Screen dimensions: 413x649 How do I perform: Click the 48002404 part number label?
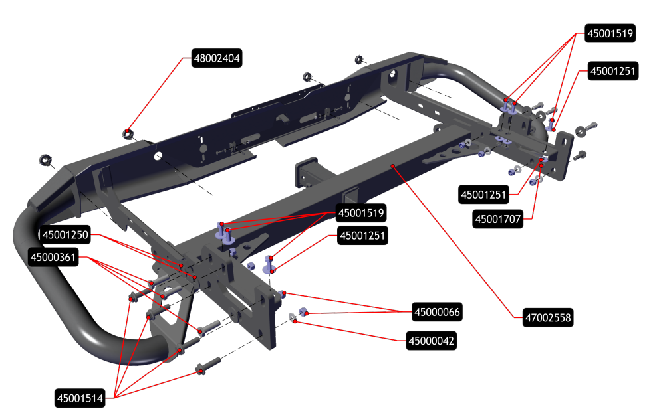click(x=217, y=58)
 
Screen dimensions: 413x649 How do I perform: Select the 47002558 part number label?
click(x=545, y=319)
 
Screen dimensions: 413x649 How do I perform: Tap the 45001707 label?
click(x=497, y=218)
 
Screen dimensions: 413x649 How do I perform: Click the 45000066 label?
click(x=437, y=311)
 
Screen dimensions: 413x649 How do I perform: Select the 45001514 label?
click(x=80, y=398)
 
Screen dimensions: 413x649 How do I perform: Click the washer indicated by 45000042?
click(x=293, y=318)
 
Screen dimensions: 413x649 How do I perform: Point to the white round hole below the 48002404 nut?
click(x=158, y=157)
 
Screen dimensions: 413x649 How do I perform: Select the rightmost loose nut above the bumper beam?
click(x=359, y=60)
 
